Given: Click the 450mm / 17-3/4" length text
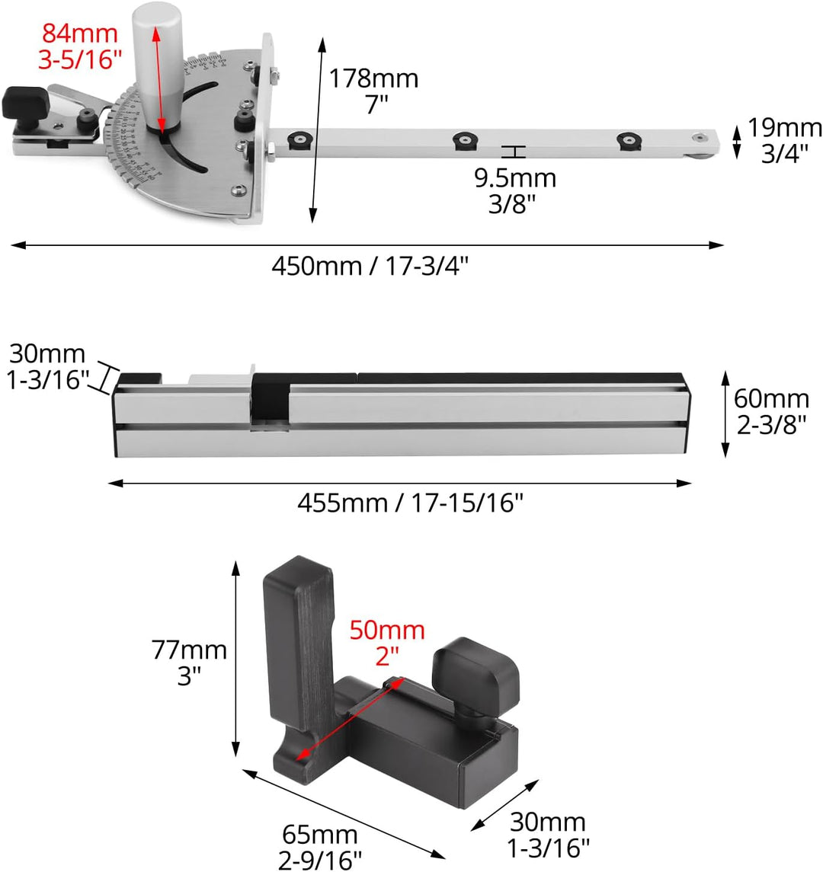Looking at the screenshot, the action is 370,266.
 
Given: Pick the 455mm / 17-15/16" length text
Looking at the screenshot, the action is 410,503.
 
